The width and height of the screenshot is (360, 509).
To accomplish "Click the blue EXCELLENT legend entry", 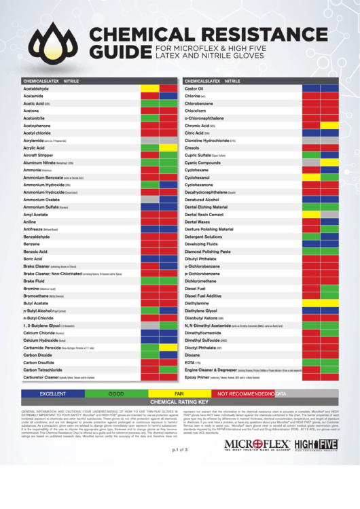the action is tap(53, 393).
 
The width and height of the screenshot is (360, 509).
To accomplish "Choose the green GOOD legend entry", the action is tap(115, 393).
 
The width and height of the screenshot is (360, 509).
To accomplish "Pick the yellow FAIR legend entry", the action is tap(179, 393).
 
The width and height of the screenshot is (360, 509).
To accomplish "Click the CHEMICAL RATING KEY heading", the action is tap(180, 402).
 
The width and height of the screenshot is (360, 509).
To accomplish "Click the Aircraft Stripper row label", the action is tap(43, 156).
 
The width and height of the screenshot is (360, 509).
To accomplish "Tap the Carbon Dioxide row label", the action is tap(38, 355).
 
